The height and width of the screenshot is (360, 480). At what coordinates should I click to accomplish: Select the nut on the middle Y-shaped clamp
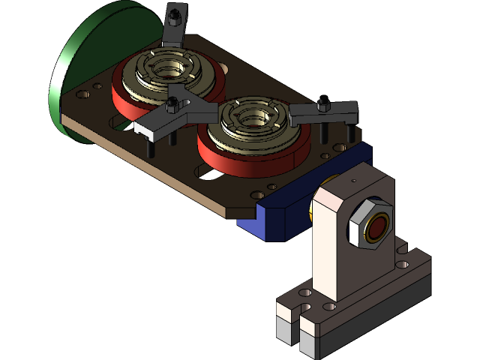[174, 102]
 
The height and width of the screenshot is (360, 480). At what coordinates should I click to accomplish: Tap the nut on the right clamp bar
[323, 106]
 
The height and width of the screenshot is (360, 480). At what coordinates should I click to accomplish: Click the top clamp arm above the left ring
[174, 34]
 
